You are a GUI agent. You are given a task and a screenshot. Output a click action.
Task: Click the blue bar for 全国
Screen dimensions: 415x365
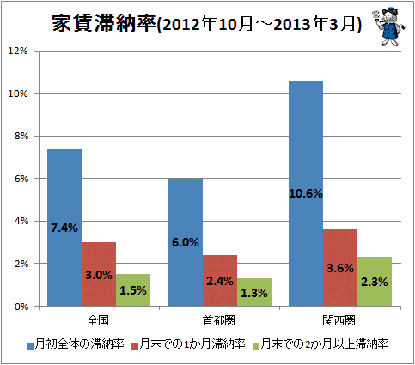click(64, 228)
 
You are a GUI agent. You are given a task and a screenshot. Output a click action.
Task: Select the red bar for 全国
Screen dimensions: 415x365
click(99, 274)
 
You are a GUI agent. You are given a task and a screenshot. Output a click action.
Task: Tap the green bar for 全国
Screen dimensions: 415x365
click(133, 290)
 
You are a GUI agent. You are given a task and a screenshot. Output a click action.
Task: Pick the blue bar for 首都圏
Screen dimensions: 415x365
click(186, 242)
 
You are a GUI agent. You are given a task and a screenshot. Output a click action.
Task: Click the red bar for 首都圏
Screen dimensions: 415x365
click(220, 281)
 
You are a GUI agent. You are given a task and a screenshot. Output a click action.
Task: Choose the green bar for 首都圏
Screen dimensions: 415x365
click(254, 292)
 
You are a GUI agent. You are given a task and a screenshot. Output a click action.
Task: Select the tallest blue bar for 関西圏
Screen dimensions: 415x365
click(306, 193)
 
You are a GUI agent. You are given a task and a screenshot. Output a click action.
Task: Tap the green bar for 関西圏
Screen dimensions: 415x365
click(375, 282)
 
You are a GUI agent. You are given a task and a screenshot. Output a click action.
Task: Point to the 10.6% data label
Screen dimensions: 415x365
click(306, 194)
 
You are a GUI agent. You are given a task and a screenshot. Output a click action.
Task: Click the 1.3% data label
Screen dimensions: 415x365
click(254, 293)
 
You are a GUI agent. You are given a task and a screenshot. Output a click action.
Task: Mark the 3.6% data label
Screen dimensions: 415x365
click(340, 268)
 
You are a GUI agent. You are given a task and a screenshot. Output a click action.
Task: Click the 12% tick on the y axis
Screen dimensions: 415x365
click(18, 51)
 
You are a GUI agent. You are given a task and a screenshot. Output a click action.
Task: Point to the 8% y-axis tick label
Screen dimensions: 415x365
click(21, 136)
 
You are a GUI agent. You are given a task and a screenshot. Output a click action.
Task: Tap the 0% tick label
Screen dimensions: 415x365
click(21, 307)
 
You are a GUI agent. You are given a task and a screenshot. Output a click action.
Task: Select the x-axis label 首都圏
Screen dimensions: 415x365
click(219, 321)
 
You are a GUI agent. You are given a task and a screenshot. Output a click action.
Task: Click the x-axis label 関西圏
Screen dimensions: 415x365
click(339, 321)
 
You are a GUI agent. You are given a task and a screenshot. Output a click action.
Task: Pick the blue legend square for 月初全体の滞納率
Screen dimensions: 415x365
click(30, 346)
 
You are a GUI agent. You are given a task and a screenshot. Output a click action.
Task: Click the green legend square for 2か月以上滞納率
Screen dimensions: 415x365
click(256, 346)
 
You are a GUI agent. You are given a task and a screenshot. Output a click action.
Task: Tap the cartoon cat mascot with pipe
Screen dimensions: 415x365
click(388, 27)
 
